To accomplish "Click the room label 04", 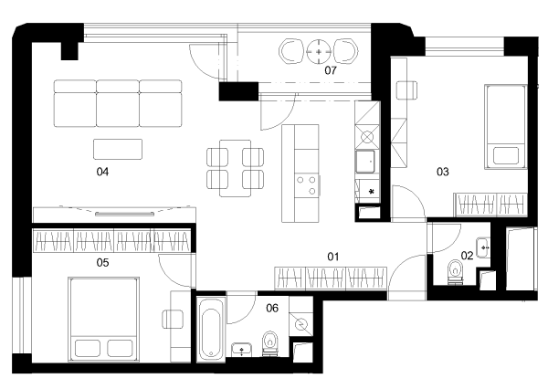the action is click(x=102, y=172).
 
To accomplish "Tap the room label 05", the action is click(x=102, y=262).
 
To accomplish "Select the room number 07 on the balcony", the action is click(x=331, y=70).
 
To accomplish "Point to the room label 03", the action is click(x=442, y=172).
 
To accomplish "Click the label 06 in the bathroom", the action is click(x=272, y=308).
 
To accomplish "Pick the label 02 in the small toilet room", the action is click(x=467, y=256).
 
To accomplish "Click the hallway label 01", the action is click(x=333, y=257).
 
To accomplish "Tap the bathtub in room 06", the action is click(x=211, y=329).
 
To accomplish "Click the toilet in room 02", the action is click(x=455, y=272).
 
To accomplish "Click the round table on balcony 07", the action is click(x=319, y=52).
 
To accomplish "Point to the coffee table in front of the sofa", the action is click(x=118, y=149).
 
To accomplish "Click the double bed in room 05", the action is click(x=104, y=320).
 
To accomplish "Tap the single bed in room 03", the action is click(x=505, y=127).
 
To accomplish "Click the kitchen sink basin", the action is click(x=364, y=161).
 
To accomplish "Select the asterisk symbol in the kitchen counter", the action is click(x=372, y=192).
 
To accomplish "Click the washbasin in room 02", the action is click(x=483, y=247).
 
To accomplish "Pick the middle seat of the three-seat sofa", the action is click(x=118, y=103).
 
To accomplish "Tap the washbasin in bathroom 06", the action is click(x=241, y=350).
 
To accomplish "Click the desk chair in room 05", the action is click(x=173, y=319).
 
